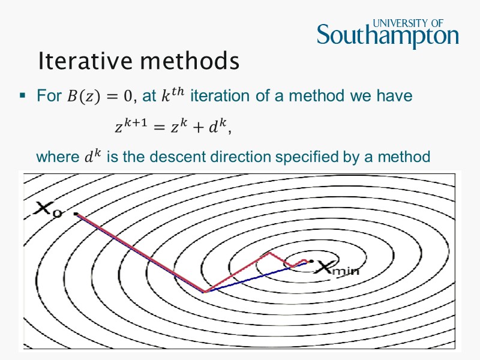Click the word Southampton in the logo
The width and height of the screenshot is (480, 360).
pyautogui.click(x=388, y=37)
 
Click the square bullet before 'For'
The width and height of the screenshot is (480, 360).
pyautogui.click(x=22, y=95)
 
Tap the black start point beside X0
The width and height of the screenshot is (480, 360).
pyautogui.click(x=76, y=213)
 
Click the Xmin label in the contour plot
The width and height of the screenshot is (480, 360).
pyautogui.click(x=337, y=269)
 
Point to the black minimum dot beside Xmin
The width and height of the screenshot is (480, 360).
pyautogui.click(x=311, y=261)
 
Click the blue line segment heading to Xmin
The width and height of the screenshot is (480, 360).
pyautogui.click(x=252, y=279)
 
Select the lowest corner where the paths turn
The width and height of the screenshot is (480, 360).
pyautogui.click(x=205, y=292)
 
